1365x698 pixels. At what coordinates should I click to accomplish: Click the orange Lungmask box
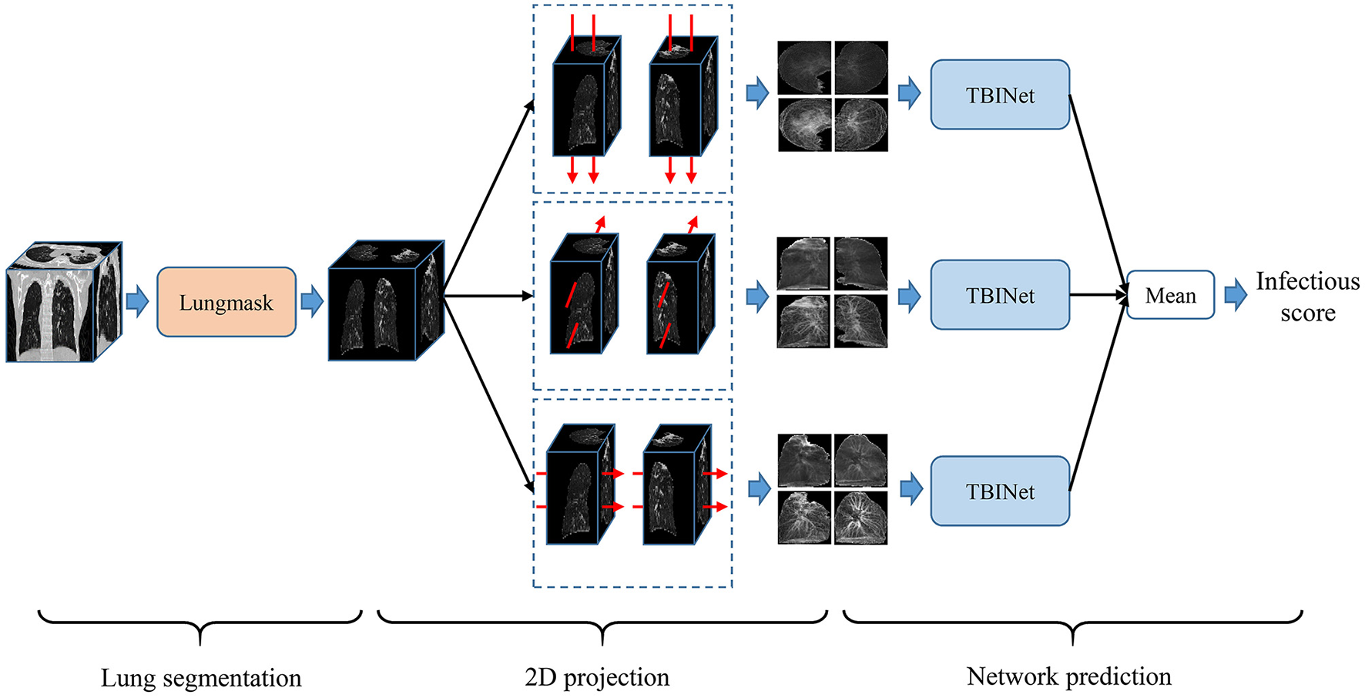[226, 302]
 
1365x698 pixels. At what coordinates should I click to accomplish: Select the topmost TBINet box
[999, 95]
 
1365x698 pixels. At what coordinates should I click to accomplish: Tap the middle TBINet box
[999, 295]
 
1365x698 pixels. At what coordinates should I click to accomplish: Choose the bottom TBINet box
[999, 492]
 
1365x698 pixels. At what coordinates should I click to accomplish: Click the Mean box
[1170, 295]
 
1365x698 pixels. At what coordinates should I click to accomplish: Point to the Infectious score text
[1307, 297]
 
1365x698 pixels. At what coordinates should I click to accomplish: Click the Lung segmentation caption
[201, 677]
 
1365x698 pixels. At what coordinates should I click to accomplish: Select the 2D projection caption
[597, 676]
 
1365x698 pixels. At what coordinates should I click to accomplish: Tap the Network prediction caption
[1068, 676]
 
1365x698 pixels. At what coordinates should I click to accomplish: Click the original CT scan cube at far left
[63, 302]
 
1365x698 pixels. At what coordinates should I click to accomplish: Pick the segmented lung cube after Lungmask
[386, 300]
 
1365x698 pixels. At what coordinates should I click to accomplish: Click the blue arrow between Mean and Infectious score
[1236, 295]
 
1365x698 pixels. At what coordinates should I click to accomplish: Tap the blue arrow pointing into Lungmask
[137, 301]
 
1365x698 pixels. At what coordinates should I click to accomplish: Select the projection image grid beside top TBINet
[832, 96]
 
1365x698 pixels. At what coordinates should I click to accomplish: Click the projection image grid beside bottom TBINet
[832, 489]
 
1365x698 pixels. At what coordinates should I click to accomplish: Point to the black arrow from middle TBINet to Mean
[1098, 295]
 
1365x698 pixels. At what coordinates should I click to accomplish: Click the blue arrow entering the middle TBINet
[910, 296]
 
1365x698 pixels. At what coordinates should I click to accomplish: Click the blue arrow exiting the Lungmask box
[312, 301]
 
